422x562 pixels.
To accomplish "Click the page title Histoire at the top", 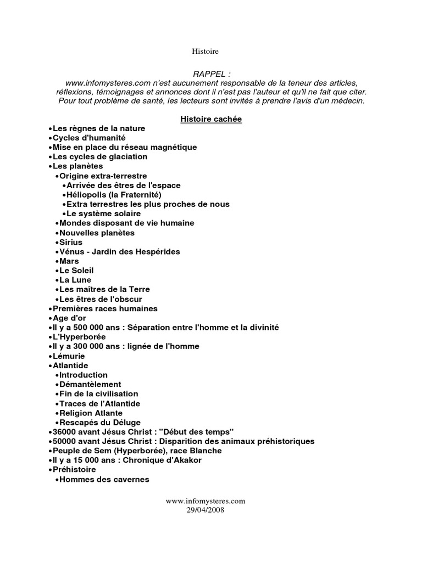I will tap(205, 52).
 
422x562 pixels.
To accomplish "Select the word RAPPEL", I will tap(211, 74).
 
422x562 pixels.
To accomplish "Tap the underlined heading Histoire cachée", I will tap(211, 119).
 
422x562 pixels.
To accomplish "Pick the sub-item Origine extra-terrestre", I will tap(103, 176).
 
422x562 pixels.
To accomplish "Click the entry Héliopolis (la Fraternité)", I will tap(114, 194).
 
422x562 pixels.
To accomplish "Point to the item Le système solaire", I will tap(104, 213).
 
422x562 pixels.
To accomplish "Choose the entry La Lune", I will tap(75, 280).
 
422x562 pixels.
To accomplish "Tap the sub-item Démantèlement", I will tap(90, 384).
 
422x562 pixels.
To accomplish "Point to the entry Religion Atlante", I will tap(91, 413).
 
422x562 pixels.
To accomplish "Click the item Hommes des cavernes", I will tap(104, 479).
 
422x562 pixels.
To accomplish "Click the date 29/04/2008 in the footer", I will tap(205, 509).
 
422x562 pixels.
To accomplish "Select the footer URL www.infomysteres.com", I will tap(205, 501).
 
